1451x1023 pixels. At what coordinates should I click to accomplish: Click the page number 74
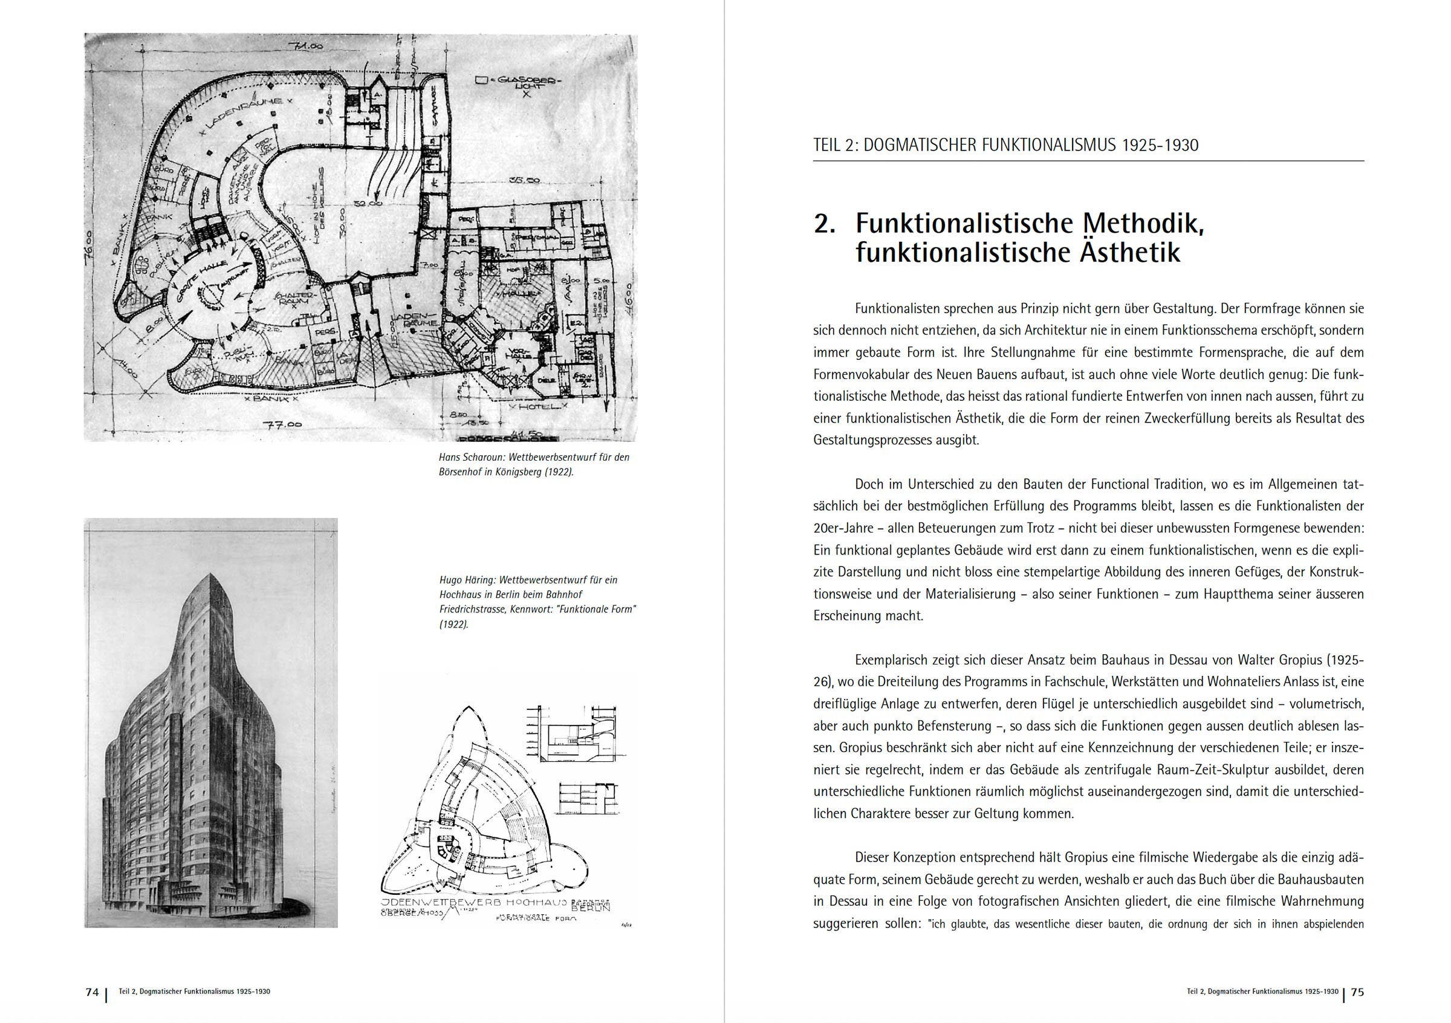93,992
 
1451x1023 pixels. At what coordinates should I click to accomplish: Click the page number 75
1357,992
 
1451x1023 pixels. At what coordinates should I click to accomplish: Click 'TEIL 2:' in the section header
835,145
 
